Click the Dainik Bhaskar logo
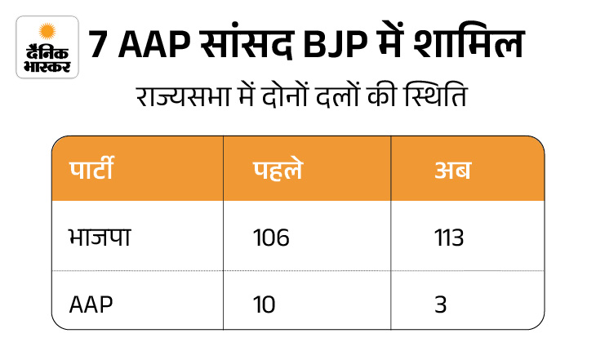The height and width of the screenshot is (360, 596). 47,47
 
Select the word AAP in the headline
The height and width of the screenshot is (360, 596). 146,46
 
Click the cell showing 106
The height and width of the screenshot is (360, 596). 271,238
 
